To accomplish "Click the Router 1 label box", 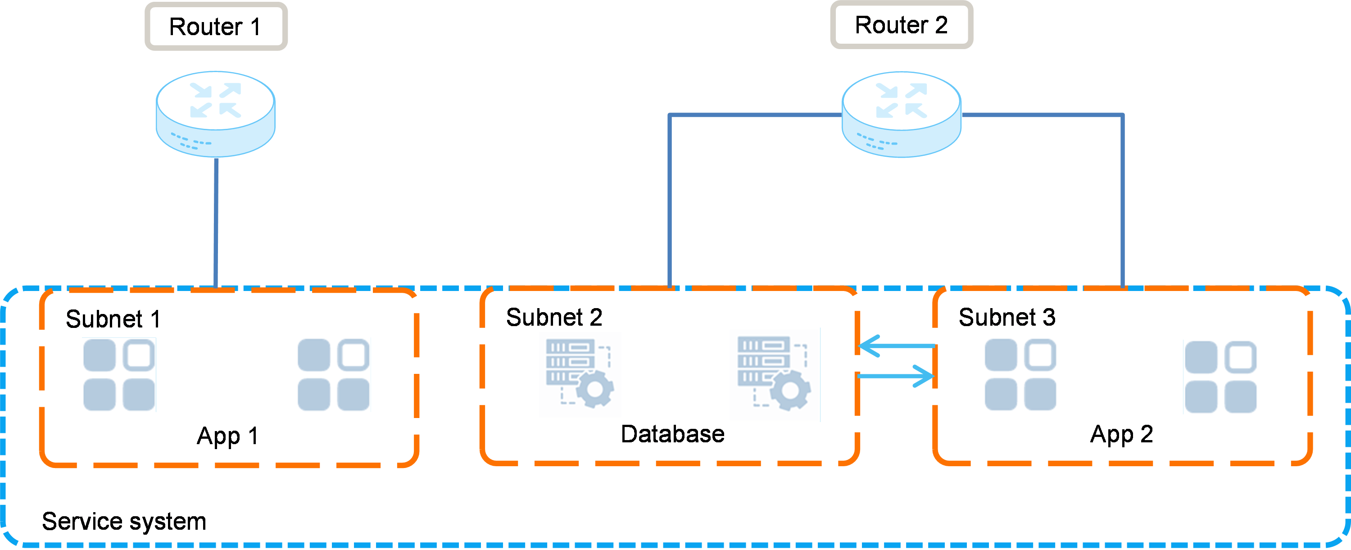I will pos(216,26).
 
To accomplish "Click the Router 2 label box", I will pos(902,25).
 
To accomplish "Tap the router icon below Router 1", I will pos(216,115).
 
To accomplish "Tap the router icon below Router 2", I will pos(902,115).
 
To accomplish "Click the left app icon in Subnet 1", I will pos(119,375).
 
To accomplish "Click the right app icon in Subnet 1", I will pos(334,375).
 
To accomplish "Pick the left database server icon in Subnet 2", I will pos(580,374).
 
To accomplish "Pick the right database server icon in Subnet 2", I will pos(774,374).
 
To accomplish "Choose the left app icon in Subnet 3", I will pos(1020,374).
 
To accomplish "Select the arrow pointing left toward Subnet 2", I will pos(897,346).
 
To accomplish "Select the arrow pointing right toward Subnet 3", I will pos(897,376).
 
